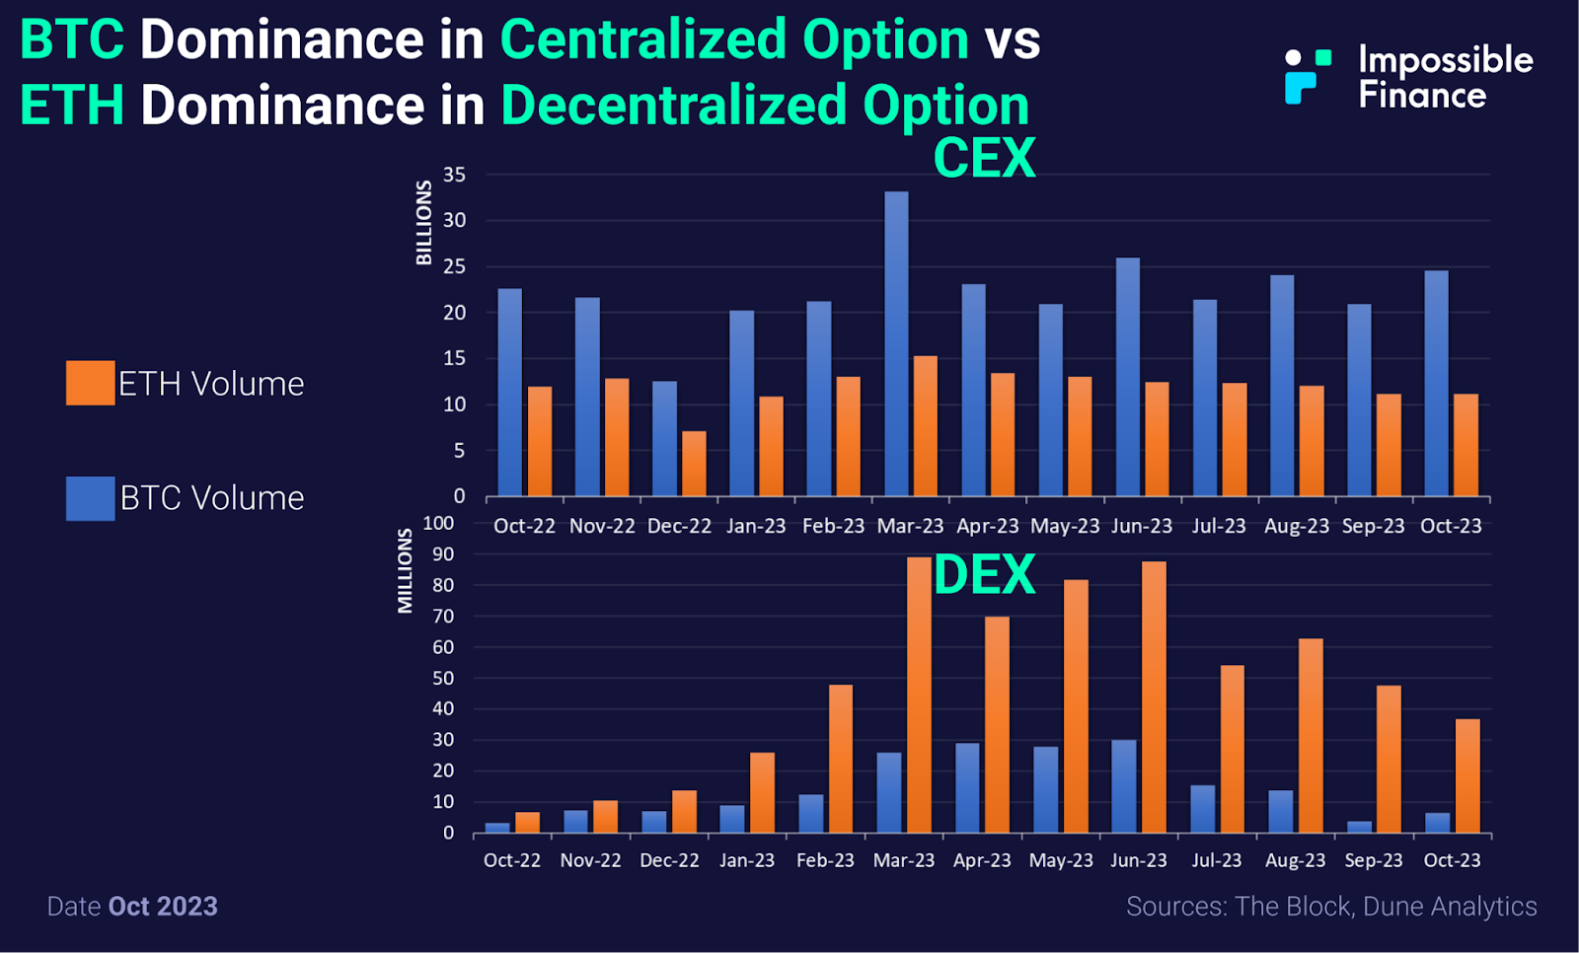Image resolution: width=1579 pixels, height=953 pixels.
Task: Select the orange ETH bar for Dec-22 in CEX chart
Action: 694,463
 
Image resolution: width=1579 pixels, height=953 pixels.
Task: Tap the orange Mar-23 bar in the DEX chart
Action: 919,695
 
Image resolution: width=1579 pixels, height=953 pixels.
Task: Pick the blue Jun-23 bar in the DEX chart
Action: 1124,786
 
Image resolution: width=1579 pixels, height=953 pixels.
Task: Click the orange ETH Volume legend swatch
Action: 90,383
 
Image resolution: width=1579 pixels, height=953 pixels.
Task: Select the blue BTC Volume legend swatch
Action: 90,498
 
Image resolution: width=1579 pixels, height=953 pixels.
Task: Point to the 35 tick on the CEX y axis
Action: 454,175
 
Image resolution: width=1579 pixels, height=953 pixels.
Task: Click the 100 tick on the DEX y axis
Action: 438,523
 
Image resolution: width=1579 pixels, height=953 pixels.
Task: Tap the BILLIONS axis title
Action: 424,223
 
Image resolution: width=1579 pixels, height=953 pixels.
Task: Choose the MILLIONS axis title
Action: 406,571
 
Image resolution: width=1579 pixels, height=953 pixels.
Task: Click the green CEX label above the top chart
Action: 984,158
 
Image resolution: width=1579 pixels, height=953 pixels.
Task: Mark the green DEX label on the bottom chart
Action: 984,575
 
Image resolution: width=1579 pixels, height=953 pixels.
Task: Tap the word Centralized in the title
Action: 734,40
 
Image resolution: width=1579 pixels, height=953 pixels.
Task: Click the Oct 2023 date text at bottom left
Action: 163,907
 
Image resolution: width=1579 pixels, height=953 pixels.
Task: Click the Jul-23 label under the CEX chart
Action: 1219,526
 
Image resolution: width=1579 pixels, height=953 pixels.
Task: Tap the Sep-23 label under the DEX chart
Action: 1373,860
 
